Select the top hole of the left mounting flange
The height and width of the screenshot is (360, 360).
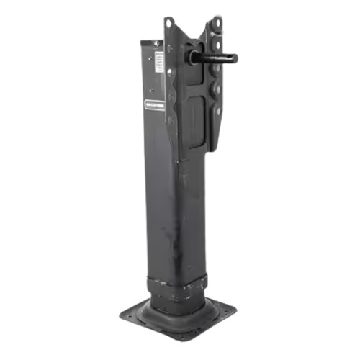pyautogui.click(x=168, y=24)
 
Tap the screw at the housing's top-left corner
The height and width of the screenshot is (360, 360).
pyautogui.click(x=156, y=43)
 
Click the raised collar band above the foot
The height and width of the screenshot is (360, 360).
pyautogui.click(x=179, y=282)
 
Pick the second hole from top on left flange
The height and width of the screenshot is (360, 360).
pyautogui.click(x=169, y=49)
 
